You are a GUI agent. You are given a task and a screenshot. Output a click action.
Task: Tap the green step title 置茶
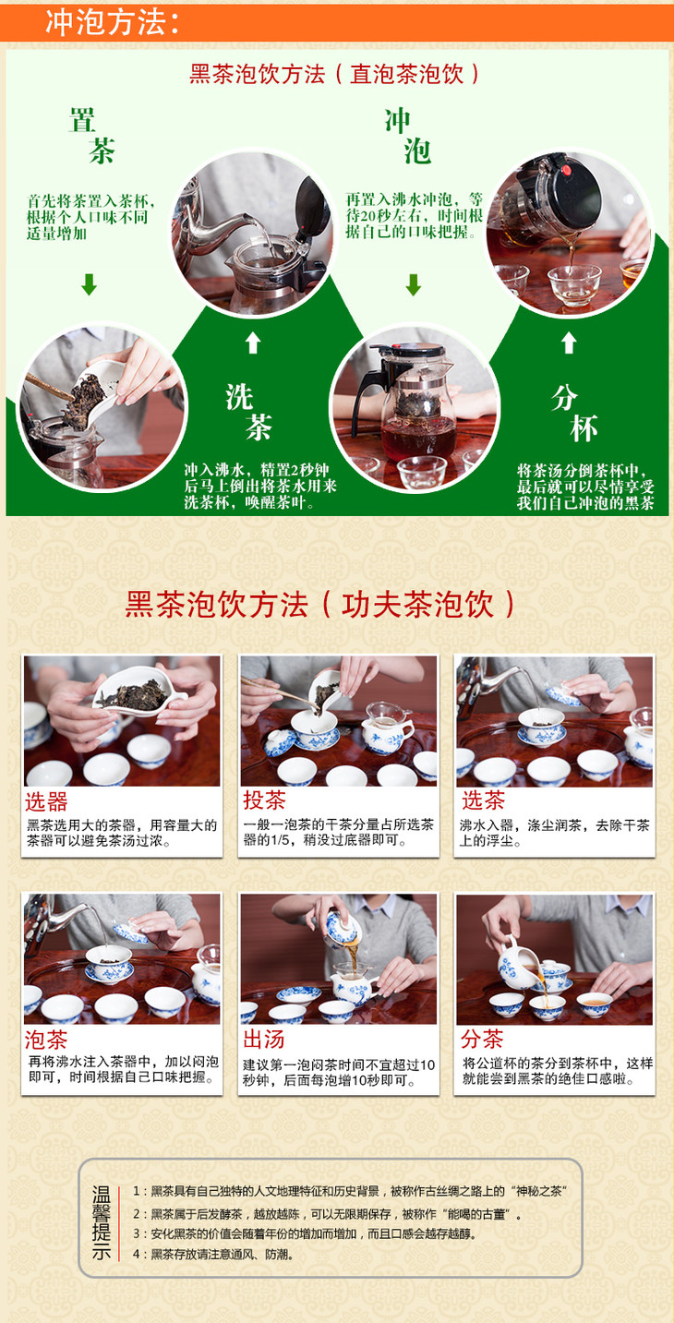click(91, 135)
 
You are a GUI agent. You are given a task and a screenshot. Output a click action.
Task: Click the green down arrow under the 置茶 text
click(90, 284)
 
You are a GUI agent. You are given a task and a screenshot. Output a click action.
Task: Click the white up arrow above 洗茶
click(253, 343)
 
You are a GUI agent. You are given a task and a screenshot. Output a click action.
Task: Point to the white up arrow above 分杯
click(569, 343)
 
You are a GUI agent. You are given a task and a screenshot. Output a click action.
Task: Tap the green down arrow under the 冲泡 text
click(414, 284)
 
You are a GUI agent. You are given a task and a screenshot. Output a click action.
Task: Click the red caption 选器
click(46, 801)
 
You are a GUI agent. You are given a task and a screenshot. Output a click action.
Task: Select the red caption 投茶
click(264, 800)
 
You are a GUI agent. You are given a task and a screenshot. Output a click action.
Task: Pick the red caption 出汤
click(264, 1039)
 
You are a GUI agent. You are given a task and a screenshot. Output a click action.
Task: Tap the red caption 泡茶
click(46, 1040)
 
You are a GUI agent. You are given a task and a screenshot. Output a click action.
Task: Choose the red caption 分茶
click(482, 1039)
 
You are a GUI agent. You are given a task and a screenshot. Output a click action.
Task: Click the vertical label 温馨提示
click(101, 1223)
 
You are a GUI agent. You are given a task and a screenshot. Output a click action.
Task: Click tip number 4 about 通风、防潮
click(213, 1254)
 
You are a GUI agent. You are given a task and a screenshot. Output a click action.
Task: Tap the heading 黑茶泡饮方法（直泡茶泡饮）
click(334, 74)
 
